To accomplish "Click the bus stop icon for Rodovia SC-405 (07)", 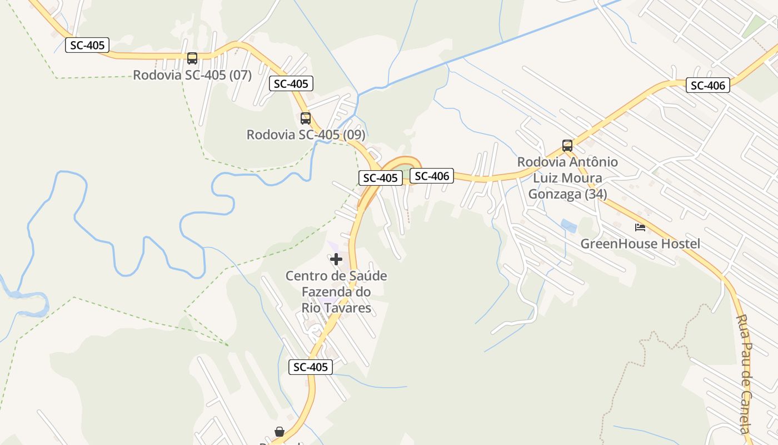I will tap(192, 58).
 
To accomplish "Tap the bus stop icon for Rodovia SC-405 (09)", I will tap(306, 118).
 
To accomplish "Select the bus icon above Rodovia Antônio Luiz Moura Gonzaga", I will tap(567, 146).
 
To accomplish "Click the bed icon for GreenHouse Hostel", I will tap(640, 227).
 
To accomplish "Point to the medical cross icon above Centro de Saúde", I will tap(336, 259).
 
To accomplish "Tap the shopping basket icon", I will tap(280, 432).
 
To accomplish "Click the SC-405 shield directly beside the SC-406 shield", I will tap(380, 178).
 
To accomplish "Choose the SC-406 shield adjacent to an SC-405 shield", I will tap(432, 176).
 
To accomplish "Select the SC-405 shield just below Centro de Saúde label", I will tap(311, 367).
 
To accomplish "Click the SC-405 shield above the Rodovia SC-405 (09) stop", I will tap(291, 84).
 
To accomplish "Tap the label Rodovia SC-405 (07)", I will tap(192, 75).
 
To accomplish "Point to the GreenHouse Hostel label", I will tap(640, 244).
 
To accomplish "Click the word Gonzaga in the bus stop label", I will tap(567, 194).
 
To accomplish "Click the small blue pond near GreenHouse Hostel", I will tap(568, 225).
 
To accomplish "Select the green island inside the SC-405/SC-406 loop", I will tap(405, 169).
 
